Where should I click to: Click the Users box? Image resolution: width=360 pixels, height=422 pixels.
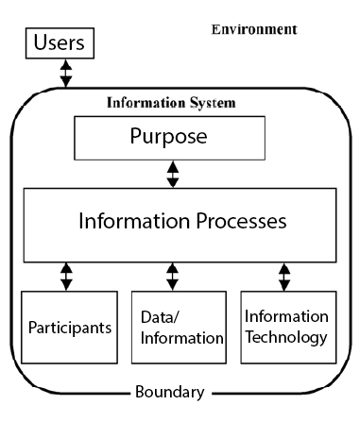tap(64, 43)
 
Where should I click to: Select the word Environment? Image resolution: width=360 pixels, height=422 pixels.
tap(253, 29)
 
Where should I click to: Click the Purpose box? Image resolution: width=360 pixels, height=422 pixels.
tap(171, 137)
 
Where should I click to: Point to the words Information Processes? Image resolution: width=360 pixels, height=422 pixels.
tap(171, 223)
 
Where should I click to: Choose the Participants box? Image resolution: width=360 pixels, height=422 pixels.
tap(64, 328)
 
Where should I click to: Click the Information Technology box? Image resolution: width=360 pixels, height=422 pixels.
tap(285, 328)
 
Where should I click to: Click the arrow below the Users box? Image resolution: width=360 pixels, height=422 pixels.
tap(64, 74)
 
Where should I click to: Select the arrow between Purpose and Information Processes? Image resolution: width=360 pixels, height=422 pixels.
tap(171, 174)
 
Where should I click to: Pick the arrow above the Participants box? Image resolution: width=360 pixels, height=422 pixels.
tap(65, 276)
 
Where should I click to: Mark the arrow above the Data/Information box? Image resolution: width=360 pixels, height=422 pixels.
tap(171, 276)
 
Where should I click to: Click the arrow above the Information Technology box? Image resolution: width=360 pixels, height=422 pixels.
tap(284, 276)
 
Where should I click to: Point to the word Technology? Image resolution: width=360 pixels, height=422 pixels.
tap(285, 336)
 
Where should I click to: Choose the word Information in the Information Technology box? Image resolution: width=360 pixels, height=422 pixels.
tap(285, 316)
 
